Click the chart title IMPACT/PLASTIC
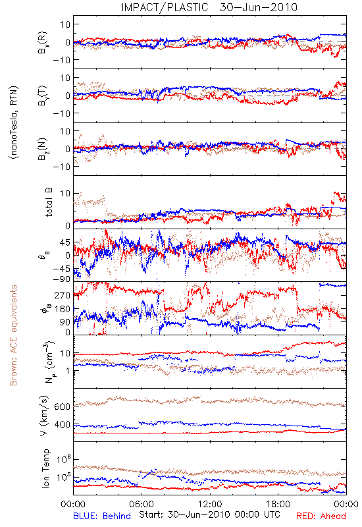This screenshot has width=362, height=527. [x=165, y=7]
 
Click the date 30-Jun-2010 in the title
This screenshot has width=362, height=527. [x=259, y=7]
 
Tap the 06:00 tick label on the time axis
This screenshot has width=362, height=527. [x=142, y=504]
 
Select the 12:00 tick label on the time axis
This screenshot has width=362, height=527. [x=210, y=504]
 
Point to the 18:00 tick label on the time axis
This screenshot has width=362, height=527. [x=278, y=504]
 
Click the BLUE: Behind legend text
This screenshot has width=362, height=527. [x=102, y=516]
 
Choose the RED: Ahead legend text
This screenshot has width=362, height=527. [x=321, y=516]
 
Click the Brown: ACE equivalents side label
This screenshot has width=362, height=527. [x=13, y=335]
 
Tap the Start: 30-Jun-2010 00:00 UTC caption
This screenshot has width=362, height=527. [x=209, y=514]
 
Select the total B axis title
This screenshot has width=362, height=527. [x=49, y=202]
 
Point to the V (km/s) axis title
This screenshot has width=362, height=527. [x=44, y=416]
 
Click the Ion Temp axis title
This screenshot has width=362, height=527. [x=45, y=468]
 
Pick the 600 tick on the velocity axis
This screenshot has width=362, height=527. [x=63, y=406]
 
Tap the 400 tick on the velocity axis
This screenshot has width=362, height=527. [x=63, y=425]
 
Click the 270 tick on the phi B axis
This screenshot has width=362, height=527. [x=63, y=295]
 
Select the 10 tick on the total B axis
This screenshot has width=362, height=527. [x=65, y=194]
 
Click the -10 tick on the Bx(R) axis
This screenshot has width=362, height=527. [x=61, y=60]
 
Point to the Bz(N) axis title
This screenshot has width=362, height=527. [x=43, y=149]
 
